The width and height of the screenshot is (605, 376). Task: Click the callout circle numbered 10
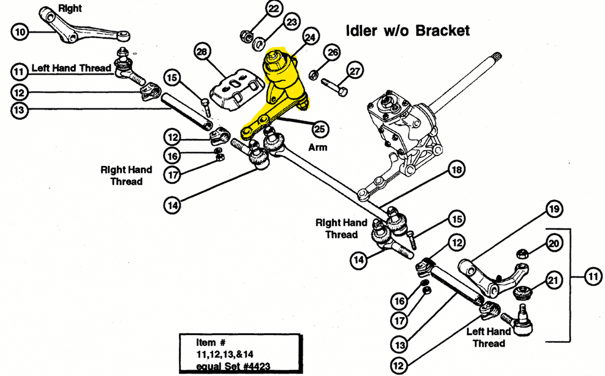pos(20,32)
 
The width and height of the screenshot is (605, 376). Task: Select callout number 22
pos(273,9)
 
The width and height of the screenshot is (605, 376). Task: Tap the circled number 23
pos(291,22)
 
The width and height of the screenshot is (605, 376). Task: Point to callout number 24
pos(310,37)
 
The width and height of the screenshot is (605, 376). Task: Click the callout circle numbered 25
pos(320,129)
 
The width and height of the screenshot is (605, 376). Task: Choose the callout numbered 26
pos(333,52)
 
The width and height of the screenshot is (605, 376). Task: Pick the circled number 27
pos(354,71)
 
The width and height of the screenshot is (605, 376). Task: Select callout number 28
pos(202,51)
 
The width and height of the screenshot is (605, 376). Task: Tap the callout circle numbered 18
pos(456,170)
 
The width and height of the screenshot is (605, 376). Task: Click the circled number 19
pos(554,209)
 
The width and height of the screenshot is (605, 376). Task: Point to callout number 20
pos(554,244)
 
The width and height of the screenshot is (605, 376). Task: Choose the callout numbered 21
pos(554,280)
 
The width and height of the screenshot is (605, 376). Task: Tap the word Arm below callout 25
pos(318,147)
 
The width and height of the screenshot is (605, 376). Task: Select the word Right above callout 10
pos(70,8)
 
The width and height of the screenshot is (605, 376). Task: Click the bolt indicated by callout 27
pos(334,88)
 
